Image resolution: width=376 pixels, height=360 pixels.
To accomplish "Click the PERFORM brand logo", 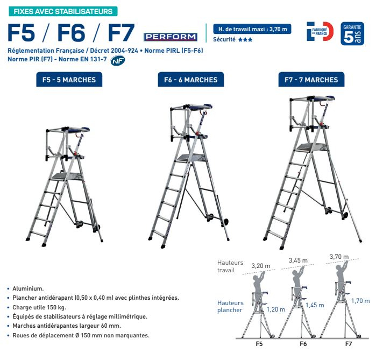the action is click(171, 37).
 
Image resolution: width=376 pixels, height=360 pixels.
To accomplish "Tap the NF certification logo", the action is click(118, 60).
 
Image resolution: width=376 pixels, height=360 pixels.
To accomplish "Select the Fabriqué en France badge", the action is click(320, 31).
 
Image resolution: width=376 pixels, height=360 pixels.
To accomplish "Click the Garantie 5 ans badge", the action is click(352, 33).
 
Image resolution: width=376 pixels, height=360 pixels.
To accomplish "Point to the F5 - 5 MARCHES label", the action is click(69, 80).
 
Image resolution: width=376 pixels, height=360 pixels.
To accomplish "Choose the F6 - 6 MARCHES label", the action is click(190, 80).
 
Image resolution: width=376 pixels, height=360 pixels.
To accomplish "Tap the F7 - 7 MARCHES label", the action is click(311, 80).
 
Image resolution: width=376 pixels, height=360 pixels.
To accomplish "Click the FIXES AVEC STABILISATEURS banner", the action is click(63, 11).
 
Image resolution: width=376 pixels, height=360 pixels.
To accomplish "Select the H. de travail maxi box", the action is click(252, 29).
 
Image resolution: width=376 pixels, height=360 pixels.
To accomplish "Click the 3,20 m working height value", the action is click(261, 266).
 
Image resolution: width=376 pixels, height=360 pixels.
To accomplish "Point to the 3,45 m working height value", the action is click(298, 260).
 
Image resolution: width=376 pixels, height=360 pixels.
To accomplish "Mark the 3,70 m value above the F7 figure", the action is click(339, 256).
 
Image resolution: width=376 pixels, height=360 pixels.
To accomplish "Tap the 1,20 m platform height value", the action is click(276, 309).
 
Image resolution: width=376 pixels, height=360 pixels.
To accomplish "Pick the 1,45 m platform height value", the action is click(315, 305).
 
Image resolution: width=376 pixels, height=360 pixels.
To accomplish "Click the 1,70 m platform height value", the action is click(360, 301).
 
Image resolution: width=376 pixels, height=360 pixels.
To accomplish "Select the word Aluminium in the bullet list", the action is click(28, 288).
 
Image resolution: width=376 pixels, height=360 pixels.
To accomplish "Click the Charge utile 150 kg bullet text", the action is click(39, 307).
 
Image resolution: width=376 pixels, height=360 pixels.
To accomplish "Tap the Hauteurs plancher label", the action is click(230, 306).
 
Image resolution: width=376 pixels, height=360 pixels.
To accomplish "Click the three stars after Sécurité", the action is click(245, 40).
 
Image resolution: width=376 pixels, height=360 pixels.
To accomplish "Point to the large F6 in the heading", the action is click(71, 33).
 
